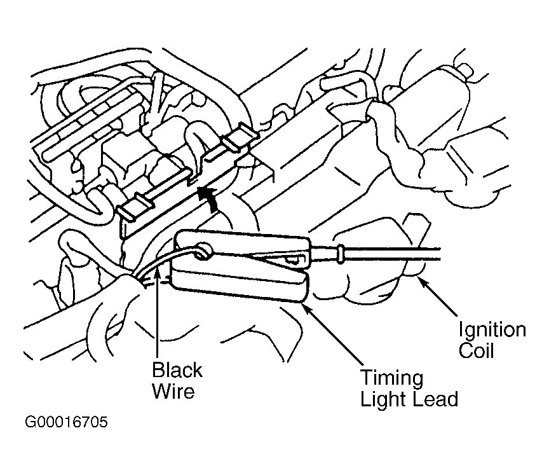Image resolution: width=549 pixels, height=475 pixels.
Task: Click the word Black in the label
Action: [177, 370]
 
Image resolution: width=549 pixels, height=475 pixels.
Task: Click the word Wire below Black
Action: [173, 391]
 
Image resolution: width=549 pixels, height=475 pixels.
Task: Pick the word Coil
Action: [476, 350]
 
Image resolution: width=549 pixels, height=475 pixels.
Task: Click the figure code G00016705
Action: [66, 422]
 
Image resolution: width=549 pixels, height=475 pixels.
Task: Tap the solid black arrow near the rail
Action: [207, 198]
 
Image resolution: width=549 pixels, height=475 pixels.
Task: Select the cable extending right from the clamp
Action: [391, 253]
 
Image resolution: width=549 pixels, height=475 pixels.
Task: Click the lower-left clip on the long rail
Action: [135, 207]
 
